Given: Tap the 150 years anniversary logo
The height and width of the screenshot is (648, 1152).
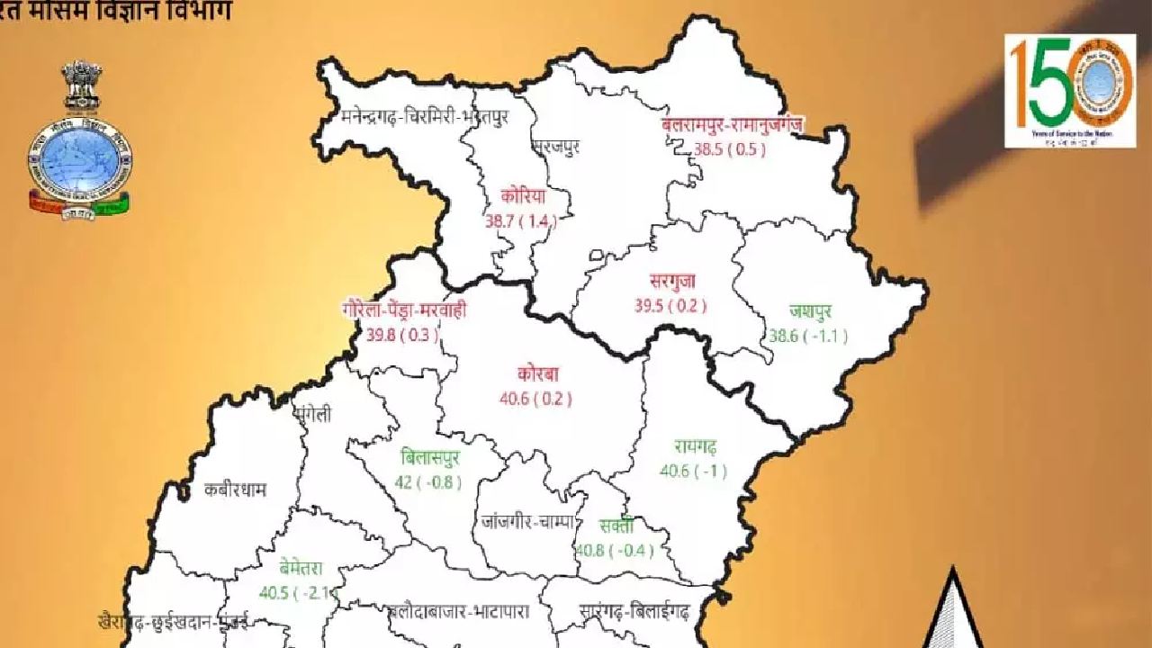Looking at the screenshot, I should pos(1070,90).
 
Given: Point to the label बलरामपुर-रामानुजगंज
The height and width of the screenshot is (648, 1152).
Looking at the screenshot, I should pos(731,125).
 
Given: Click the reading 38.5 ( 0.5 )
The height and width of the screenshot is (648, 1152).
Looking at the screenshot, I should pos(730,149).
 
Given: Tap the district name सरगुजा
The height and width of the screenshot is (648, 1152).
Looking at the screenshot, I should pos(671,282).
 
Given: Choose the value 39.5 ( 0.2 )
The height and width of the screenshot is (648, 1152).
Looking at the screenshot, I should pos(670,306).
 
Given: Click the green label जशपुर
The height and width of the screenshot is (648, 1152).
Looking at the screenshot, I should pos(810,312).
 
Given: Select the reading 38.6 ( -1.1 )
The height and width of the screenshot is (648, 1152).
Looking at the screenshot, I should pos(809,337).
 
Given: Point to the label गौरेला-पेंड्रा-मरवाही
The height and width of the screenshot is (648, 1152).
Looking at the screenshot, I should pos(404,311).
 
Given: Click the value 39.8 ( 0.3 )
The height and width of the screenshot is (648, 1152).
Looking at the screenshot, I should pos(402,336).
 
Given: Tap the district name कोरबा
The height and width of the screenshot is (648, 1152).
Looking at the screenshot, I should pos(539,374).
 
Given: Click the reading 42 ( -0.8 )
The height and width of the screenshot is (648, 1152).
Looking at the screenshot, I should pos(428,482).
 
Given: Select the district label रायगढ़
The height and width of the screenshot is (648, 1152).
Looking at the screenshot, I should pos(694,446).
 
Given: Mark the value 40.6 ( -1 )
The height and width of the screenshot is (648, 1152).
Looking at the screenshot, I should pos(693,471).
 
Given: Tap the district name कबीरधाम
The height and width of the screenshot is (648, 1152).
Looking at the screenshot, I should pos(235,490).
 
